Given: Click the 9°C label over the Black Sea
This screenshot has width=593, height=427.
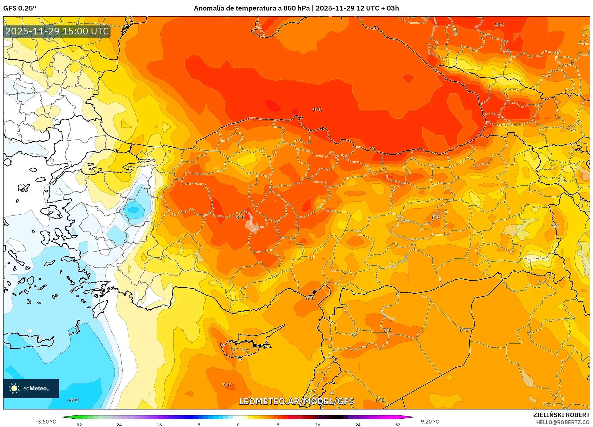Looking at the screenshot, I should tap(317, 110).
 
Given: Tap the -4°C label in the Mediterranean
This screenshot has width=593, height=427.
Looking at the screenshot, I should tap(73, 400).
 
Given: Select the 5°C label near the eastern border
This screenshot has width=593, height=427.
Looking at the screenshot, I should tap(555, 225).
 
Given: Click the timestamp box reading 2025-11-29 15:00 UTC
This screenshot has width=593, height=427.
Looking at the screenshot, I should tap(57, 31).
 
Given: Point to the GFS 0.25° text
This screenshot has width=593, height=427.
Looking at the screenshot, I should tap(19, 8).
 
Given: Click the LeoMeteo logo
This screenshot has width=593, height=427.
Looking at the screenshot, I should tap(31, 388).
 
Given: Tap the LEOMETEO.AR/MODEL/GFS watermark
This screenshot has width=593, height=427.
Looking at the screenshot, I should tap(296, 401).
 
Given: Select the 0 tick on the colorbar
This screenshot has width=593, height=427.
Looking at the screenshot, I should tap(238, 425).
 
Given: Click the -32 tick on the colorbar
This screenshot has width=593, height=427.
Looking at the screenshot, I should tap(78, 425).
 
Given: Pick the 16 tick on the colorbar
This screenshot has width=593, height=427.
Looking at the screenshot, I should tap(318, 425).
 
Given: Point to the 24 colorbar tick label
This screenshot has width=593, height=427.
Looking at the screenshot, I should tap(358, 425).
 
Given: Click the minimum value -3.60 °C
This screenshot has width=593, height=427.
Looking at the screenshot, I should tap(46, 422).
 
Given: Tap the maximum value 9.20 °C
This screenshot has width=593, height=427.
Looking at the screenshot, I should tap(429, 422).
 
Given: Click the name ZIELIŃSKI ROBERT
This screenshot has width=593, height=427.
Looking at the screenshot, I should tap(561, 415).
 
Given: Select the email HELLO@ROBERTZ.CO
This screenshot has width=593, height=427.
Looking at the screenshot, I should tap(562, 422).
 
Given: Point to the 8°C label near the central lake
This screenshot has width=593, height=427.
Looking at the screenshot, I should tap(240, 217).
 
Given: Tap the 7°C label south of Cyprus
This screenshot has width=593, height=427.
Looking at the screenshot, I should tap(226, 385).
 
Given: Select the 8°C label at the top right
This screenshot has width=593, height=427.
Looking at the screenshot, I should tap(499, 25).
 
